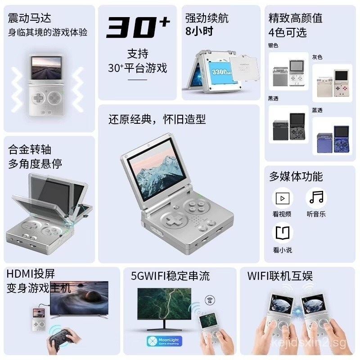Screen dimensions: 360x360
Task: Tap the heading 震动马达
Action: pos(30,18)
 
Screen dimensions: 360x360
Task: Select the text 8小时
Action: pos(199,31)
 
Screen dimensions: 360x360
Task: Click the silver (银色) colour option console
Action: pos(286,72)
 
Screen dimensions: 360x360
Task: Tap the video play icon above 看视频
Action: pos(283,198)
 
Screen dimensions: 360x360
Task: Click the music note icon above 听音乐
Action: pos(316,198)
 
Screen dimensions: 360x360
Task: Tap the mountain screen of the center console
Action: pos(152,173)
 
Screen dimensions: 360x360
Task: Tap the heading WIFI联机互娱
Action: pos(280,275)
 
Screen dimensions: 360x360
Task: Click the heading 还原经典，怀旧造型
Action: pos(157,119)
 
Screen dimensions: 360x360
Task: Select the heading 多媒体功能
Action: pos(296,176)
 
